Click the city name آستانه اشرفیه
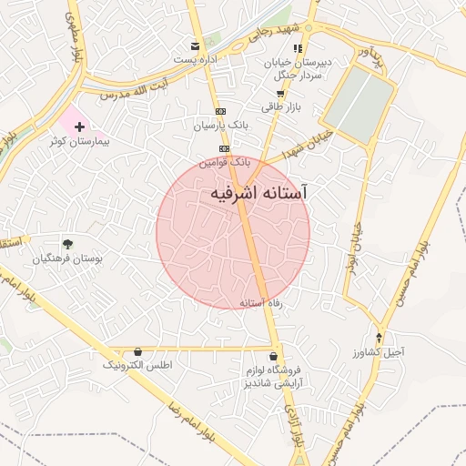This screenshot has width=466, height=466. click(x=258, y=194)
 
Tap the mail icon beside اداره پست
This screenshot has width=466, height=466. click(x=195, y=46)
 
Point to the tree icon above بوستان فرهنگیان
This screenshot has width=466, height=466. click(x=67, y=243)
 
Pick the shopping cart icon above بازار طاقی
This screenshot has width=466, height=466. click(x=279, y=93)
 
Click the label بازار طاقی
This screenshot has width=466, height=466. click(x=279, y=107)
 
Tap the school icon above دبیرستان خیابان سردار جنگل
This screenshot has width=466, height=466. click(x=298, y=48)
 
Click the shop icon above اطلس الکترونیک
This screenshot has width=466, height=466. click(x=138, y=351)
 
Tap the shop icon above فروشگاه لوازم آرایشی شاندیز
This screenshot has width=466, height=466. click(x=274, y=356)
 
